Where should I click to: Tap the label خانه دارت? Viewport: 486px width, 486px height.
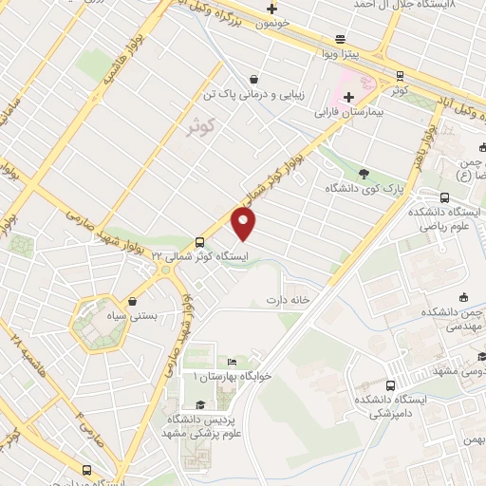pyautogui.click(x=289, y=301)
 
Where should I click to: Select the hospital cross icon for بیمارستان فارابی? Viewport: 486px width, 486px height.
pyautogui.click(x=348, y=96)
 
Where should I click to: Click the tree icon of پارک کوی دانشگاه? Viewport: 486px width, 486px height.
pyautogui.click(x=364, y=172)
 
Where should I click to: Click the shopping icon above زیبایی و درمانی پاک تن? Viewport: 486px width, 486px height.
pyautogui.click(x=252, y=80)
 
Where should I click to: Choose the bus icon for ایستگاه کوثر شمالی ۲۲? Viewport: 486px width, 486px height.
pyautogui.click(x=199, y=241)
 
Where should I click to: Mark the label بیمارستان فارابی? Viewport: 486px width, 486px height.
pyautogui.click(x=353, y=111)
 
